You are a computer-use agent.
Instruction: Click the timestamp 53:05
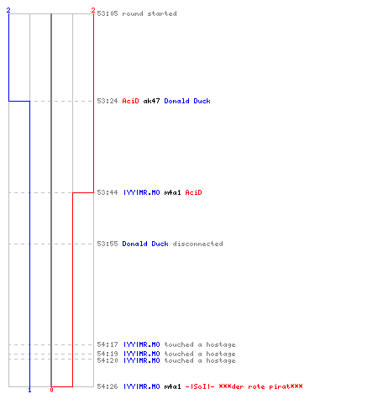[x=108, y=13]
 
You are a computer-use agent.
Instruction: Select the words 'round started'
[x=150, y=13]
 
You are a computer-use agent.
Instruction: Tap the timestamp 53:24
[x=108, y=101]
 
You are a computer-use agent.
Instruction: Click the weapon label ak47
[x=151, y=101]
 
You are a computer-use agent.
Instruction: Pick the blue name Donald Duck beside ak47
[x=187, y=101]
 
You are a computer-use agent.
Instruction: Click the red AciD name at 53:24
[x=130, y=101]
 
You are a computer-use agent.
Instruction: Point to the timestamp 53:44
[x=108, y=192]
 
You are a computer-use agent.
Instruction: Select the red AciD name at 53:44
[x=193, y=192]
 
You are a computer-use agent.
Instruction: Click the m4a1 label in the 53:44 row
[x=172, y=192]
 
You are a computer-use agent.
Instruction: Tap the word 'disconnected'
[x=197, y=244]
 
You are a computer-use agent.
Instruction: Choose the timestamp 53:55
[x=108, y=244]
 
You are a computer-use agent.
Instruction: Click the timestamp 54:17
[x=108, y=344]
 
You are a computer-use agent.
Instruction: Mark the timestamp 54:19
[x=108, y=354]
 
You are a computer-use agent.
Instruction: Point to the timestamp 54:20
[x=108, y=360]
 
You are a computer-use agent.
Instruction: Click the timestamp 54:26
[x=108, y=386]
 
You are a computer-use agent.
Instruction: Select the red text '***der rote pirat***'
[x=260, y=386]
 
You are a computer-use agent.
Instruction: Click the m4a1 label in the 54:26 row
[x=172, y=386]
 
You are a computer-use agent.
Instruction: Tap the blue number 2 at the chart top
[x=8, y=10]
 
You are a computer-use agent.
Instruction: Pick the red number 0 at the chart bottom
[x=51, y=390]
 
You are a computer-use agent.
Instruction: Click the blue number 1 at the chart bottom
[x=29, y=390]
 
